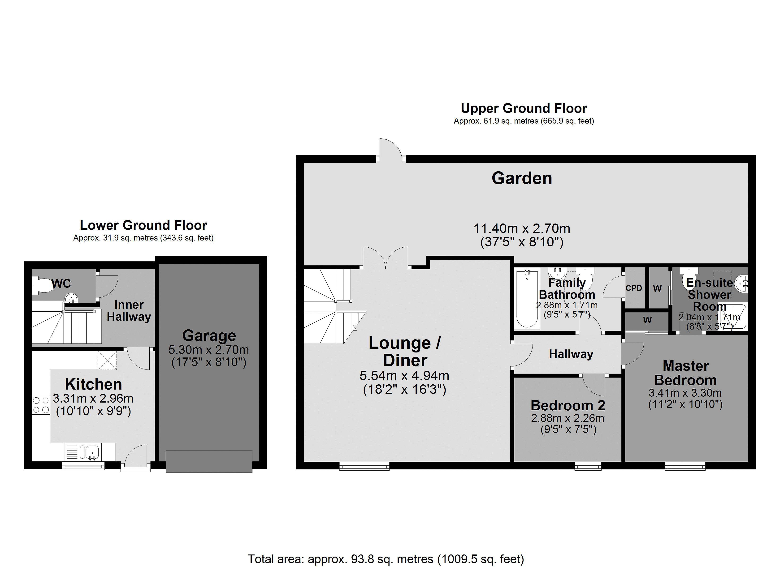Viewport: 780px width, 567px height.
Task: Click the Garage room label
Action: [x=209, y=335]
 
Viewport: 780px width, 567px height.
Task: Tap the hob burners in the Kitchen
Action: [x=41, y=405]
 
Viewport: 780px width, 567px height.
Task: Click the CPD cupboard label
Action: [x=634, y=288]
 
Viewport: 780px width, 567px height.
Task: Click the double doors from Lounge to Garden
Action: [x=386, y=258]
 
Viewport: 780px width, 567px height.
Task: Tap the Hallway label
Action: [x=571, y=354]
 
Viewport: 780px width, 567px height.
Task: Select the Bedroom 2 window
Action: [x=588, y=466]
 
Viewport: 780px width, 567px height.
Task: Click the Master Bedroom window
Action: [x=685, y=466]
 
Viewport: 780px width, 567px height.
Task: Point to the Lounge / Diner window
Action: [x=364, y=466]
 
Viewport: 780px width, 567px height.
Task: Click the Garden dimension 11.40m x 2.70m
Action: [x=522, y=229]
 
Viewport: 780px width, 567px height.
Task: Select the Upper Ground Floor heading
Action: [x=524, y=108]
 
